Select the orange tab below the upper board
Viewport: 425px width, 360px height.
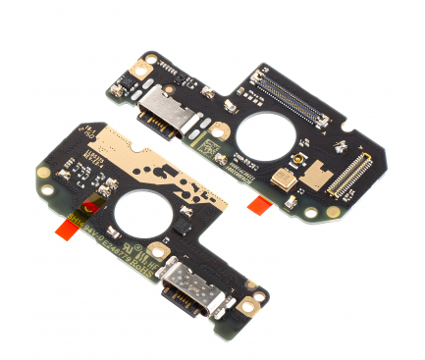pyautogui.click(x=260, y=202)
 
